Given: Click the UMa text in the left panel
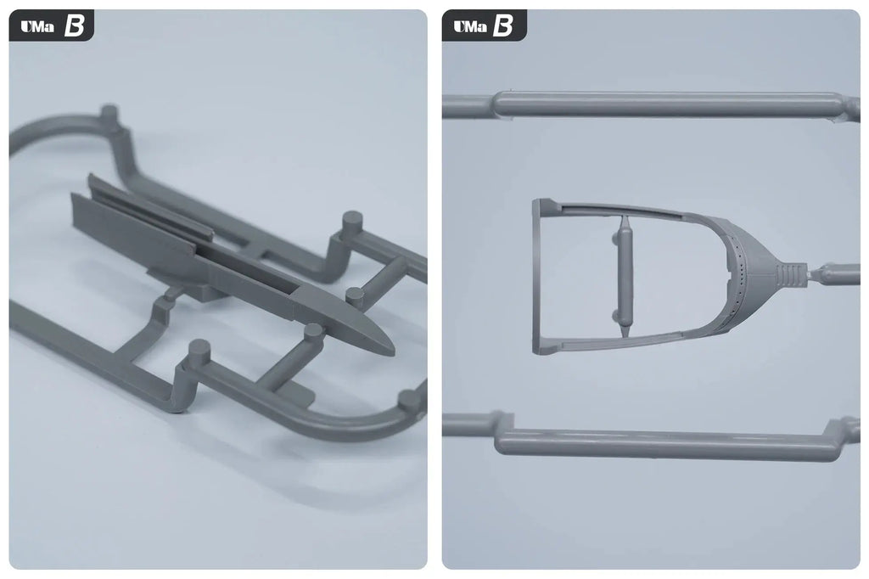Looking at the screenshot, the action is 37,26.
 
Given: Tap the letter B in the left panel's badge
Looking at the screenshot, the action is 74,26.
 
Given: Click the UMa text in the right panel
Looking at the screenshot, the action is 470,26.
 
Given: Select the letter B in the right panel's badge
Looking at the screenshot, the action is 503,26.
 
